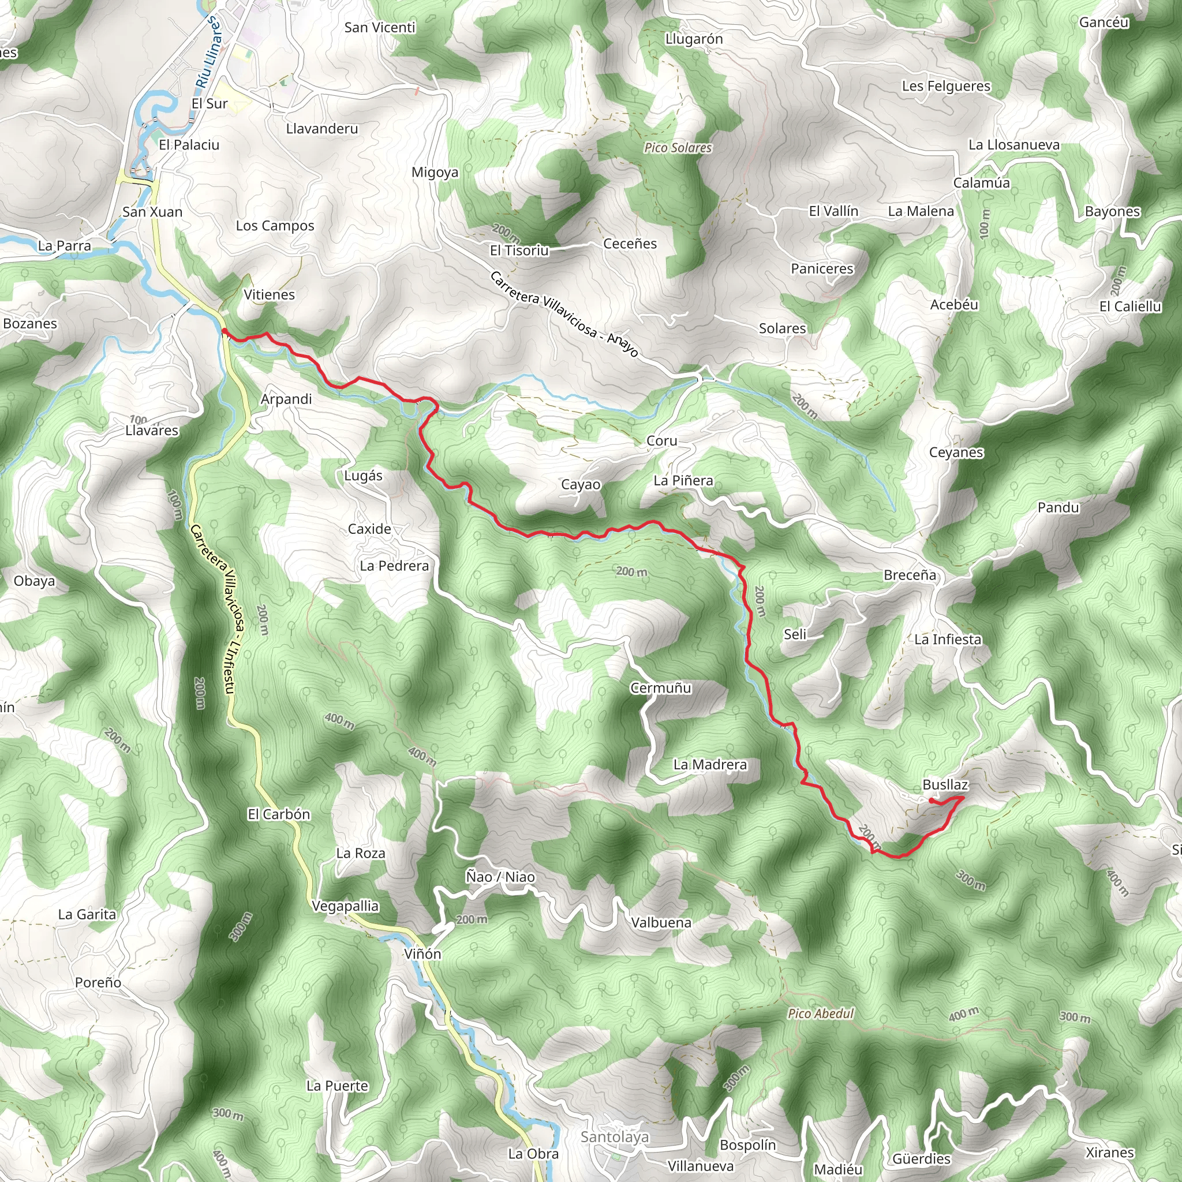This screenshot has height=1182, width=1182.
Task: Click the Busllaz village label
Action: coord(945,784)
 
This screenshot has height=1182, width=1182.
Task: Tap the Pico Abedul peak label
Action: coord(821,1013)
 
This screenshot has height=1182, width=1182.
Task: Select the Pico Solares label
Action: coord(678,147)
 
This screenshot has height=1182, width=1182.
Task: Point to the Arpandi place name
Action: coord(286,399)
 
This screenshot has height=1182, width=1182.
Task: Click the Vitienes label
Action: coord(269,294)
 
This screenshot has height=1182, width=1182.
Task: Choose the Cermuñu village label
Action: coord(661,687)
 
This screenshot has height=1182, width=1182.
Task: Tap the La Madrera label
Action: coord(710,764)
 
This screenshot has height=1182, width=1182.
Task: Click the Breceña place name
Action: coord(910,574)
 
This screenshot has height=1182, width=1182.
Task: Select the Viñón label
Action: coord(422,954)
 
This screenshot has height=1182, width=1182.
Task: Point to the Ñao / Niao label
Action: coord(500,877)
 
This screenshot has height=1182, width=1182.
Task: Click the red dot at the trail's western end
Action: coord(225,331)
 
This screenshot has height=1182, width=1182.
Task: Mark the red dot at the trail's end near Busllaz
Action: coord(931,801)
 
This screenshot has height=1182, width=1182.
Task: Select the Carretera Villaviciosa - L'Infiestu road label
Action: coord(212,609)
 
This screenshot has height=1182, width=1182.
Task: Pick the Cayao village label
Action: coord(581,485)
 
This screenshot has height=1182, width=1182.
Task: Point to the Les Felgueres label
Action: coord(946,86)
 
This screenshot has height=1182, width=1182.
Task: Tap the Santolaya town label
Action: coord(614,1137)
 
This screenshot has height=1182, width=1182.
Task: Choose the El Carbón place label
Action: coord(278,814)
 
